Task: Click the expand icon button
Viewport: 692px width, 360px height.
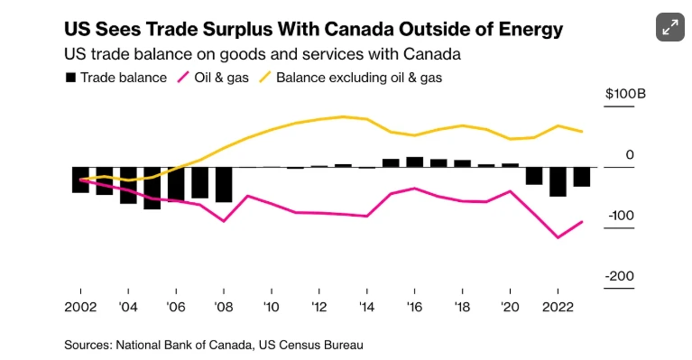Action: coord(670,27)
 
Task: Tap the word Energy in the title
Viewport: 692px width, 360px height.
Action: coord(531,31)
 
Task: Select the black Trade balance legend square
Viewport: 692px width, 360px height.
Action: coord(70,78)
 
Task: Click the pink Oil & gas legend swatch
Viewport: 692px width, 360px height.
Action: coord(183,78)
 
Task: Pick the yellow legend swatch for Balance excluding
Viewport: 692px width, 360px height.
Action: coord(264,78)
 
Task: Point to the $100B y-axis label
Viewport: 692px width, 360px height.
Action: coord(625,94)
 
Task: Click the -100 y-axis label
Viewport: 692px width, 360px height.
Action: coord(621,216)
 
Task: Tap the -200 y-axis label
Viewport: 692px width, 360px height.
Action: coord(620,276)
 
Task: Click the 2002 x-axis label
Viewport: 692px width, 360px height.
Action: coord(80,307)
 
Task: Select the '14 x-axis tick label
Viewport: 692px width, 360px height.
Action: coord(366,307)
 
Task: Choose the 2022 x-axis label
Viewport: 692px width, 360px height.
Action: coord(558,307)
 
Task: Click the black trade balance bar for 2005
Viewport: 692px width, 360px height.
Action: coord(152,188)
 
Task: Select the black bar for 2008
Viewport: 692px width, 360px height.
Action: coord(224,184)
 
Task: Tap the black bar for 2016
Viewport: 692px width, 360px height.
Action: coord(414,162)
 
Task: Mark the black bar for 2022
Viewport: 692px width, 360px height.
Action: coord(558,181)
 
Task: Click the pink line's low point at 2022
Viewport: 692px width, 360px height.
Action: coord(558,238)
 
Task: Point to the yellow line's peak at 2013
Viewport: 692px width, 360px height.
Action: coord(343,116)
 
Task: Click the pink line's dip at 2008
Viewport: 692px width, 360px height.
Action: coord(224,221)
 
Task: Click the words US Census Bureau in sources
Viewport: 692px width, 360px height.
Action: coord(311,345)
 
